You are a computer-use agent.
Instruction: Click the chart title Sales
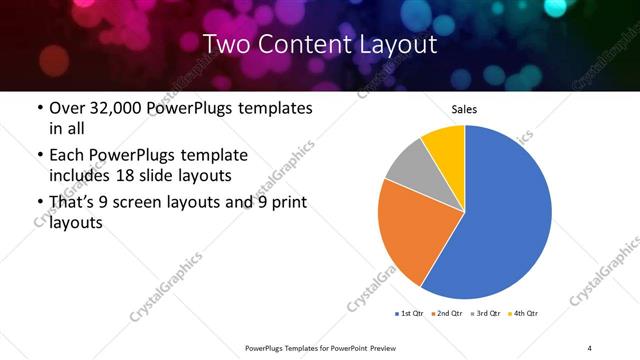465,109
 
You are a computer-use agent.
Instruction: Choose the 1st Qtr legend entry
411,314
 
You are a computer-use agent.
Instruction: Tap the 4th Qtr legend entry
525,314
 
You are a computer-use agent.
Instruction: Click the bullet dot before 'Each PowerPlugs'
38,156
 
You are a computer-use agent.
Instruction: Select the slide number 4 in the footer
590,347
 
